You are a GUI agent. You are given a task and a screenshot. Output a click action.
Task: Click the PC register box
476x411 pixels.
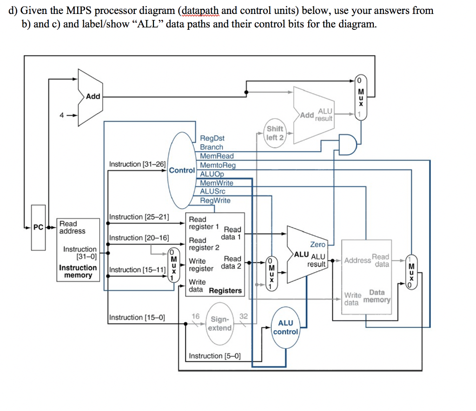(39, 227)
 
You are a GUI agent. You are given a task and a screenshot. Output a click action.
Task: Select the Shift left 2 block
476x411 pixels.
(275, 133)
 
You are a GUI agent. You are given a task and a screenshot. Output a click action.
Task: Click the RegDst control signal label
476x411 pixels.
(212, 138)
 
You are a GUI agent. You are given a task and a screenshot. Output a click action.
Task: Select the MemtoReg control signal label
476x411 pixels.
(218, 165)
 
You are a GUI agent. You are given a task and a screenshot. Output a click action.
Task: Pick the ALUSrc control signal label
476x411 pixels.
(212, 192)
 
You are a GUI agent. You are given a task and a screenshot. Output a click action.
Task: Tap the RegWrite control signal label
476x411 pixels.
(215, 200)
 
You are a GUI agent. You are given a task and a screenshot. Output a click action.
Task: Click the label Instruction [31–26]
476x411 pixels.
(138, 164)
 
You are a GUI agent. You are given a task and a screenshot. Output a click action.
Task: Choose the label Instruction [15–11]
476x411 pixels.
(138, 270)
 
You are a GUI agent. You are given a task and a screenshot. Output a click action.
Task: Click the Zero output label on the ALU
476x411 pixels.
(318, 244)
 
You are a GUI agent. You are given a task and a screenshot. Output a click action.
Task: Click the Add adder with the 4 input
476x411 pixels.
(91, 97)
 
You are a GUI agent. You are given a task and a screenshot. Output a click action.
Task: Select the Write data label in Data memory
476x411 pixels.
(353, 299)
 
